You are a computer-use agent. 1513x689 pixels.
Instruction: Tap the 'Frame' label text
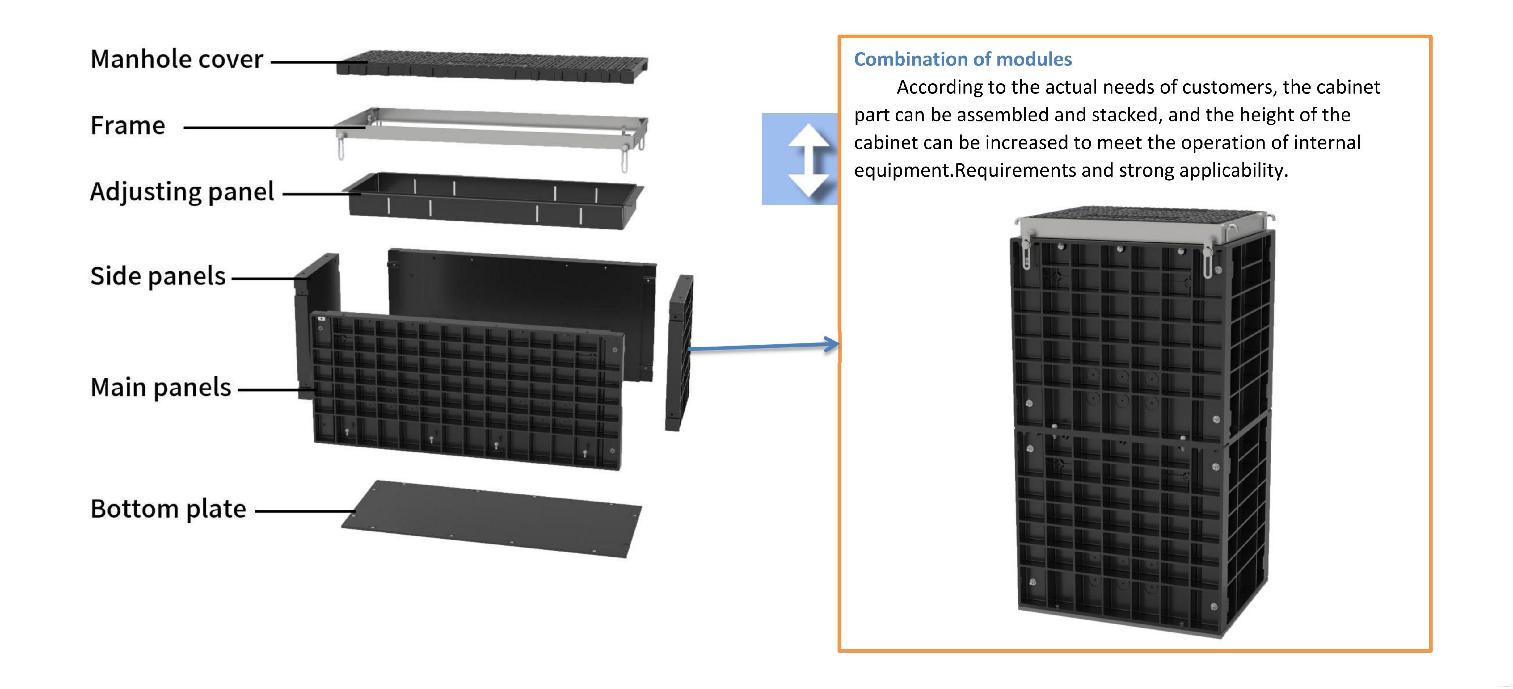click(x=128, y=125)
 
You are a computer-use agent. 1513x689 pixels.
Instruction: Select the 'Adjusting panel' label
click(x=182, y=191)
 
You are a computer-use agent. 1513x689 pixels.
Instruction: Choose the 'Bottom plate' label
click(x=168, y=509)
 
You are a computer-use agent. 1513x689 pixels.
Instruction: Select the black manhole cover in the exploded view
click(x=492, y=66)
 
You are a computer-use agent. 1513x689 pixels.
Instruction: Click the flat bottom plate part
click(x=491, y=519)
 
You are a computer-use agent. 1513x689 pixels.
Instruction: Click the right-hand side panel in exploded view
click(x=680, y=352)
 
